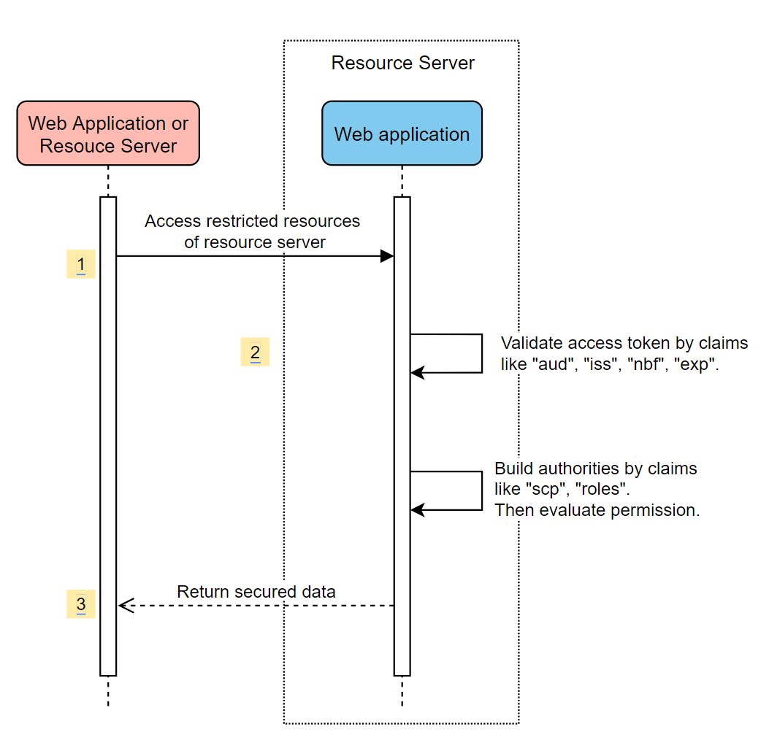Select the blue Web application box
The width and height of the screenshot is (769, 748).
pos(402,134)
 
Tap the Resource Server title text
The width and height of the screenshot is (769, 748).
pos(402,63)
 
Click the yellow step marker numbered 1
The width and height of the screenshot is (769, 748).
pos(81,263)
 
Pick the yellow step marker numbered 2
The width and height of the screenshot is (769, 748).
pos(255,352)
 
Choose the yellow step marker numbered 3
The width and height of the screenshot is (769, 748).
pos(81,604)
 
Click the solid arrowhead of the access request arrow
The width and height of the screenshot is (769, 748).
pos(387,256)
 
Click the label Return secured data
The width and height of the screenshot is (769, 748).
pos(256,592)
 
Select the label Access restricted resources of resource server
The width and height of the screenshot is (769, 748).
pos(253,231)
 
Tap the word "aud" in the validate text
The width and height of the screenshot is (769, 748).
pos(553,365)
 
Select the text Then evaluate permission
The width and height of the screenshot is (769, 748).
pos(597,510)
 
